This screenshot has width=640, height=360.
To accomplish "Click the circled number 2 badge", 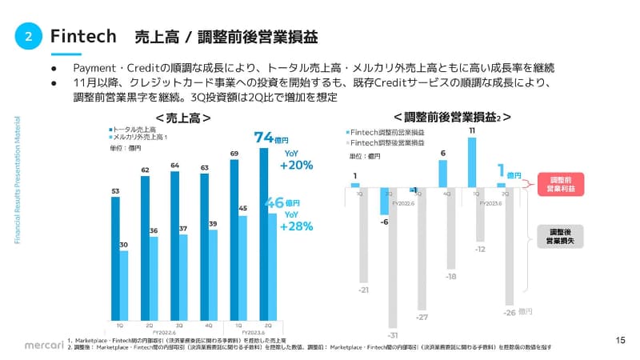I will point(28,37).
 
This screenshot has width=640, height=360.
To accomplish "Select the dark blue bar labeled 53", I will point(115,257).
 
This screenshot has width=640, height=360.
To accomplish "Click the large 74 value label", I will point(265,137).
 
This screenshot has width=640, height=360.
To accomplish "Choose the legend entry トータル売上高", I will point(134,128).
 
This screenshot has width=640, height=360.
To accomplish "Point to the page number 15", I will point(620,341).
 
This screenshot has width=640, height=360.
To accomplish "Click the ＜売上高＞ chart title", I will point(183,117).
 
